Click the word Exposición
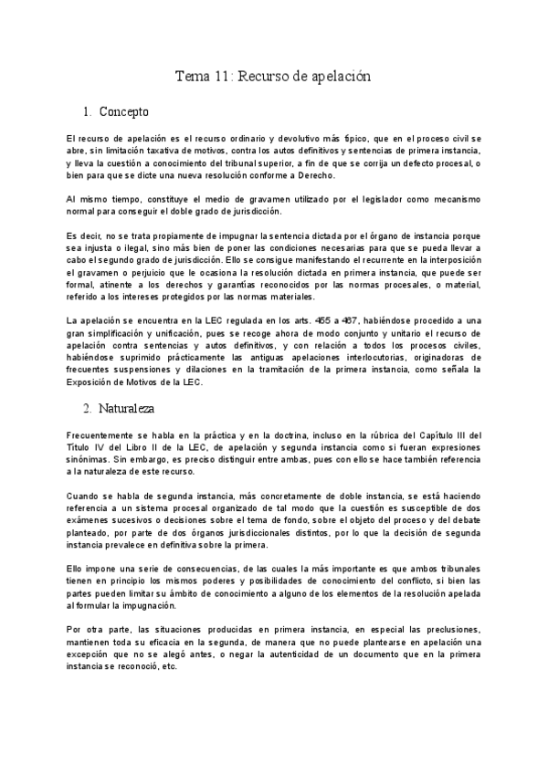pos(95,382)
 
